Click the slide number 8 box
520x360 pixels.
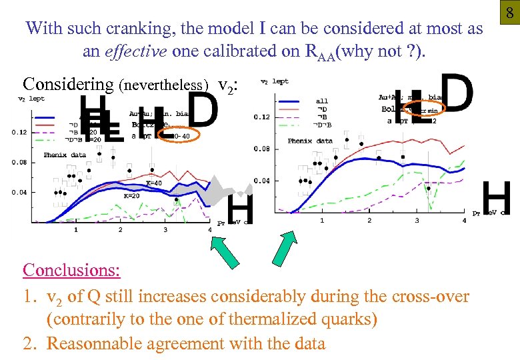pyautogui.click(x=509, y=13)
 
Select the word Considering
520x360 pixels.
pyautogui.click(x=68, y=84)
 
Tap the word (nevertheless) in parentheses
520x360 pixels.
pyautogui.click(x=163, y=85)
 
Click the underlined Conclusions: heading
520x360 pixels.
pyautogui.click(x=71, y=270)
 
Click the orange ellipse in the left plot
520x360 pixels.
pyautogui.click(x=179, y=136)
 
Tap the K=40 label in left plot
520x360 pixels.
pyautogui.click(x=153, y=183)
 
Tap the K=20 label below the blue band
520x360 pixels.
pyautogui.click(x=132, y=196)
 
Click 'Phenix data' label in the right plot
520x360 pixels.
pyautogui.click(x=310, y=141)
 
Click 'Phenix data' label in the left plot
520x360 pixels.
pyautogui.click(x=65, y=155)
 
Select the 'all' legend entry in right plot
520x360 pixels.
pyautogui.click(x=321, y=101)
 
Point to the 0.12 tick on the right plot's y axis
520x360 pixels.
pyautogui.click(x=262, y=117)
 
